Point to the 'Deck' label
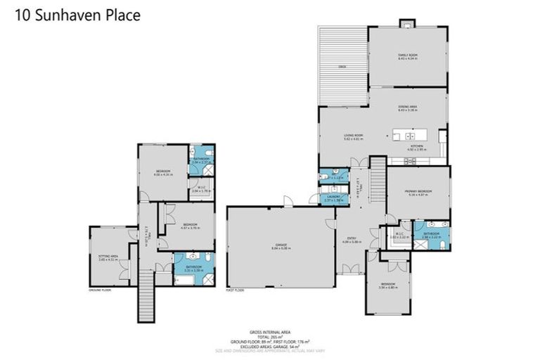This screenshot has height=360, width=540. coord(342,67)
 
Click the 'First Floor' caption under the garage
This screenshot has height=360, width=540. coord(234,290)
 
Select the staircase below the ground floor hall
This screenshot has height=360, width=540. coord(147,288)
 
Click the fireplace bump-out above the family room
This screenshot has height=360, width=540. coord(407,24)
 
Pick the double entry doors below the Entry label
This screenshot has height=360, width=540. coord(349,269)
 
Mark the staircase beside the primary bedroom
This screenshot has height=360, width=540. coord(377,172)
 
